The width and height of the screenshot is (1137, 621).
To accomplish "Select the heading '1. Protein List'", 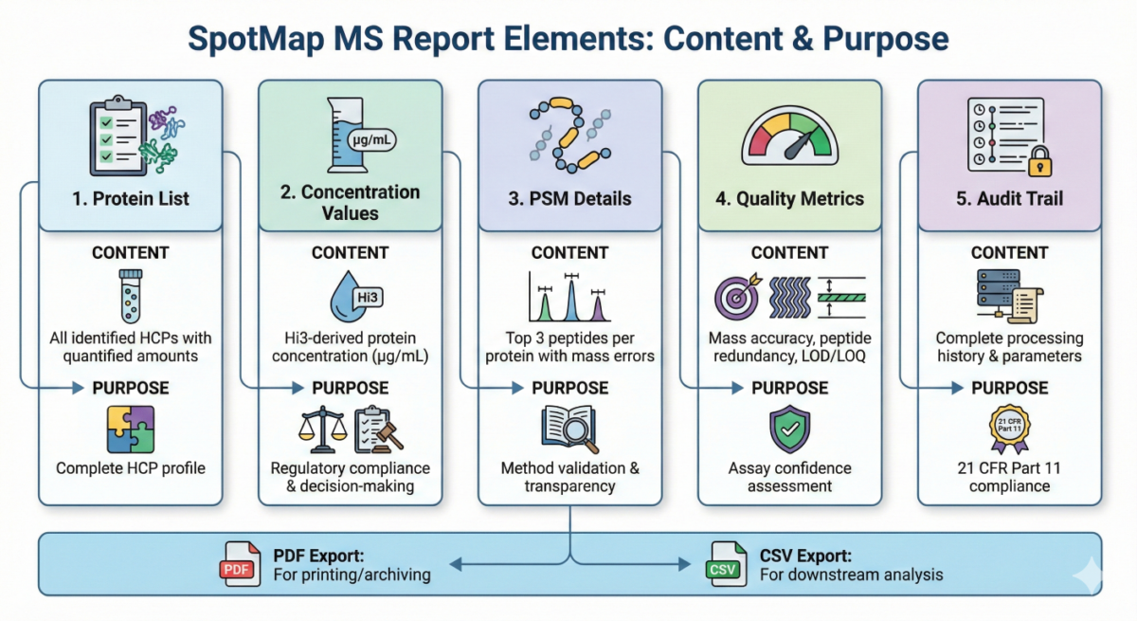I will [x=131, y=199].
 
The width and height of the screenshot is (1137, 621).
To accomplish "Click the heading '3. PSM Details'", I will [x=569, y=199].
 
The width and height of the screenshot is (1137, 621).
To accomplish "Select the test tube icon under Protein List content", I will [x=131, y=296].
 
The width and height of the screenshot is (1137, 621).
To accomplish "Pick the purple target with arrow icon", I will [x=735, y=298].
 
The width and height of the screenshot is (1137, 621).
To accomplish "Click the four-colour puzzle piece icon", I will [x=131, y=429].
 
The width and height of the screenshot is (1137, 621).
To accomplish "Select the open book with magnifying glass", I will [x=569, y=429].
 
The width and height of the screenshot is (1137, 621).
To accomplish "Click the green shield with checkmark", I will [x=789, y=429].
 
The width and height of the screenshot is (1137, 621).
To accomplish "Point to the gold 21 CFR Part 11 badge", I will [x=1009, y=429].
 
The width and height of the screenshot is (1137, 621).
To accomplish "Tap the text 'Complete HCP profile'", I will [x=131, y=468].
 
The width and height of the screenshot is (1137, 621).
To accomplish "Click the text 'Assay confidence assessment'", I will [x=789, y=477].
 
